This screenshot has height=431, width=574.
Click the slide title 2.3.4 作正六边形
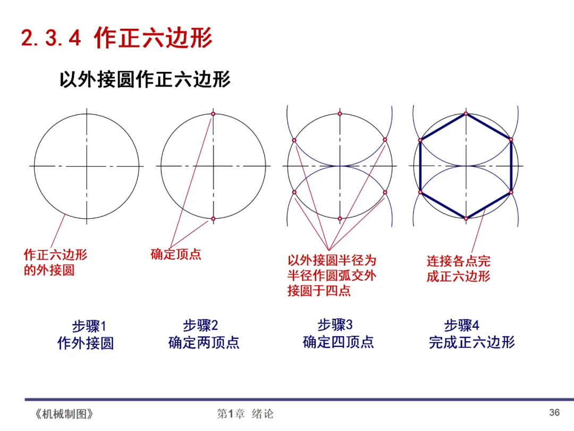click(116, 38)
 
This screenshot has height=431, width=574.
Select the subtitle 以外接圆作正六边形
click(145, 80)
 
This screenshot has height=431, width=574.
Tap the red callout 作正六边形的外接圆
click(55, 262)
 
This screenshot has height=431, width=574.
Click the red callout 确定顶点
click(176, 254)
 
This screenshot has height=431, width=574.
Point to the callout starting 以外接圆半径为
click(332, 276)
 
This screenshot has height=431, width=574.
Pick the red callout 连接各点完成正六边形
click(458, 269)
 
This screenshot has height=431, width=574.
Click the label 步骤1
click(89, 326)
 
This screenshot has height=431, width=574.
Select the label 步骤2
click(200, 325)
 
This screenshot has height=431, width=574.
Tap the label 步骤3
click(335, 325)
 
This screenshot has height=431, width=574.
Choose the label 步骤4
click(461, 325)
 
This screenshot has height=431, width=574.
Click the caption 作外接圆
click(86, 343)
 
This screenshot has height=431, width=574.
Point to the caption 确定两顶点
click(204, 342)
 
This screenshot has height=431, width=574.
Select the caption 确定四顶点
click(338, 342)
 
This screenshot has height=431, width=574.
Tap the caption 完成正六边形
click(472, 342)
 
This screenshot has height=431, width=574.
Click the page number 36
click(554, 412)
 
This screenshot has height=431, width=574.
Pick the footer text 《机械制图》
click(63, 414)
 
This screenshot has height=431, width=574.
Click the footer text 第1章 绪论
click(245, 414)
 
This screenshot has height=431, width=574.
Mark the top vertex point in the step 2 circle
click(213, 114)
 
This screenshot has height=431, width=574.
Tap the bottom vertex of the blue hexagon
click(466, 218)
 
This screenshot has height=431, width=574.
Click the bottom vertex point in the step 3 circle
click(340, 218)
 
